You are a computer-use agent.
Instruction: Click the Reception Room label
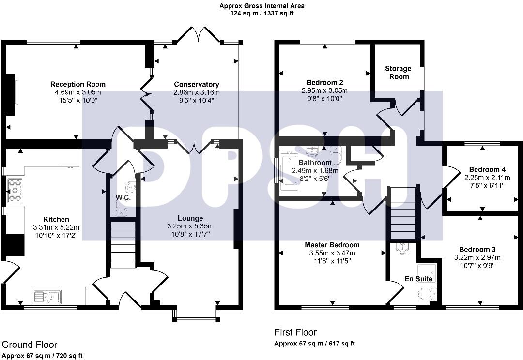tap(78, 84)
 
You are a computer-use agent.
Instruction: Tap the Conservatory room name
tap(197, 84)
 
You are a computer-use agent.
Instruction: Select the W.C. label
tap(120, 197)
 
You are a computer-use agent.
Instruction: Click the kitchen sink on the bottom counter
tap(46, 296)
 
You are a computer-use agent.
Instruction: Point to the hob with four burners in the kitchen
tap(14, 190)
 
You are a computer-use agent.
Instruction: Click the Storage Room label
tap(398, 73)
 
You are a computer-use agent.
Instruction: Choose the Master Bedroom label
tap(332, 245)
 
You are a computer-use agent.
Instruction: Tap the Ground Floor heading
tap(30, 345)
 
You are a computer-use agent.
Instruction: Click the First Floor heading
tap(295, 332)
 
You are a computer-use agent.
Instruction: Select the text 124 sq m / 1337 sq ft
tap(262, 14)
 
